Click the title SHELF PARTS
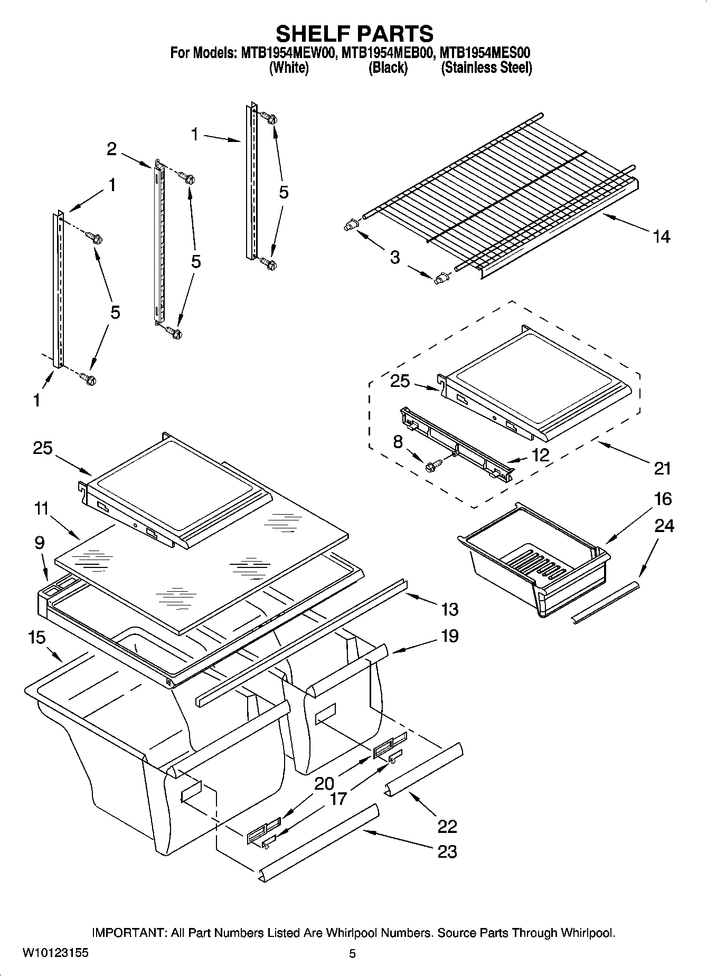click(354, 33)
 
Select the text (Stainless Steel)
click(486, 68)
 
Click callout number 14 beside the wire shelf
click(661, 236)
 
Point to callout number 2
click(111, 149)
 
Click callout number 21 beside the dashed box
click(662, 468)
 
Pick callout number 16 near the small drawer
click(648, 499)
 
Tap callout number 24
click(664, 526)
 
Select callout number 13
click(449, 610)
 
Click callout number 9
click(40, 543)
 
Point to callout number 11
click(41, 509)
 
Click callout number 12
click(541, 455)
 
